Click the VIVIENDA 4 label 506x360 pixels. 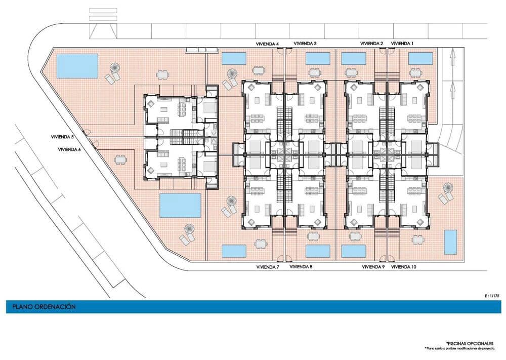[268, 44]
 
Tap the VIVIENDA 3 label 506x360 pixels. [305, 44]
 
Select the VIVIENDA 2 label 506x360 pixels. [371, 44]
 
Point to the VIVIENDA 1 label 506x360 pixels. [402, 44]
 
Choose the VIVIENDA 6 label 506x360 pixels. [69, 149]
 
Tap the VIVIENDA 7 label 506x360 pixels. [268, 266]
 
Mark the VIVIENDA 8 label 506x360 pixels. [302, 266]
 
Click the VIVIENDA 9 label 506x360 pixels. [373, 266]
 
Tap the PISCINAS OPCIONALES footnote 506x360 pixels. [471, 343]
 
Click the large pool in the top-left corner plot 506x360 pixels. [77, 66]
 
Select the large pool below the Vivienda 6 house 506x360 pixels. [180, 205]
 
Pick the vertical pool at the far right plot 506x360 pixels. [450, 242]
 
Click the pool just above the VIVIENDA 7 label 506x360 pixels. [234, 251]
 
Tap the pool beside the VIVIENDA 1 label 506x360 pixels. [420, 59]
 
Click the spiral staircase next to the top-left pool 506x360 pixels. [116, 67]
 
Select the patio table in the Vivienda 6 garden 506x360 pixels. [120, 160]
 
